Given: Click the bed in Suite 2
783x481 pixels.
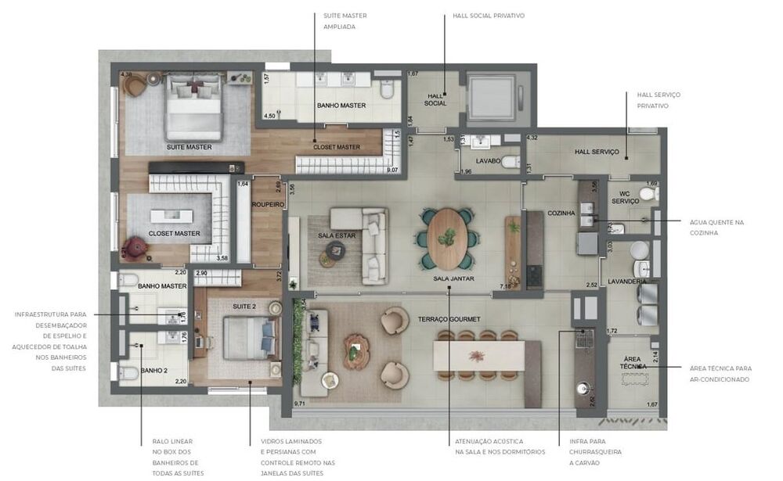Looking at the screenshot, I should (249, 337).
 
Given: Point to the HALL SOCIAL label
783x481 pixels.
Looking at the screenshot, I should (435, 100).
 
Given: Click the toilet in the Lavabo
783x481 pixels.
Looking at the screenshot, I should (510, 162).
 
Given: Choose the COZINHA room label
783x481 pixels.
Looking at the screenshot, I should (561, 213).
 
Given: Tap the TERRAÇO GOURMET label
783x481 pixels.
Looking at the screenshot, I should (449, 320).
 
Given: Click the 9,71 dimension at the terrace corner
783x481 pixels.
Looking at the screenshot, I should (299, 404).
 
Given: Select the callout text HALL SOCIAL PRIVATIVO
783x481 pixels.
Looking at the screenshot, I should (488, 16).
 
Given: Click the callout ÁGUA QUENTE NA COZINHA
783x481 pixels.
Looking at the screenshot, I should (716, 227).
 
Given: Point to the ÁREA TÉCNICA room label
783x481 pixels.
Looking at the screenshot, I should (633, 364).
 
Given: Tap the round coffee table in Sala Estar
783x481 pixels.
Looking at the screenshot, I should (336, 250).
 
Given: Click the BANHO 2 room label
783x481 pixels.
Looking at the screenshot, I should (153, 370).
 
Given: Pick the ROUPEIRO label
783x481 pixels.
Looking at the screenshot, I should (266, 205).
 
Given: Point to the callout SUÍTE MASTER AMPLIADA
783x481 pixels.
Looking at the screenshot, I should (345, 20).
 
